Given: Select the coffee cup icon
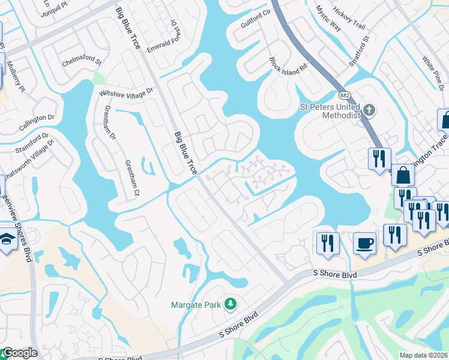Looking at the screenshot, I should point(364,244).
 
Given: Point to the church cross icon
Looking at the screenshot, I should point(369,110).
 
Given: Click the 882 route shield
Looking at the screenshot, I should point(344,95).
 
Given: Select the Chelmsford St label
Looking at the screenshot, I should point(82,62).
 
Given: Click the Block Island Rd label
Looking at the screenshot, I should point(288,71).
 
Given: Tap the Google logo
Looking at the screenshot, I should point(19,353).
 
